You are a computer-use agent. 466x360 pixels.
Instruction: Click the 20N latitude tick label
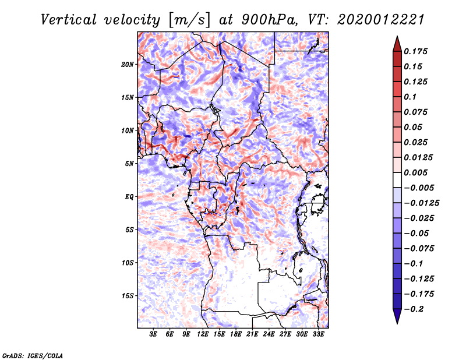pyautogui.click(x=128, y=64)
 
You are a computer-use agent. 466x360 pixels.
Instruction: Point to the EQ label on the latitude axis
pyautogui.click(x=129, y=197)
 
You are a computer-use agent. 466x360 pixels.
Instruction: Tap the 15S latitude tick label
pyautogui.click(x=128, y=296)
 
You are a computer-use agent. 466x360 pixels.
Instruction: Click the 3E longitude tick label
pyautogui.click(x=154, y=334)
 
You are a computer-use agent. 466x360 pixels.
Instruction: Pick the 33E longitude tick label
pyautogui.click(x=318, y=334)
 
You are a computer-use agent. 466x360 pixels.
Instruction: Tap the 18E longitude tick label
pyautogui.click(x=236, y=334)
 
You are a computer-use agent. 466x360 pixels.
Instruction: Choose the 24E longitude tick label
pyautogui.click(x=269, y=334)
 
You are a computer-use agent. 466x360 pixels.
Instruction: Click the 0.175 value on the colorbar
pyautogui.click(x=416, y=51)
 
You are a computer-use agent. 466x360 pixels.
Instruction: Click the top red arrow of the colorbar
pyautogui.click(x=397, y=42)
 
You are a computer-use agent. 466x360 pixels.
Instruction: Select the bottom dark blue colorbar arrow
pyautogui.click(x=397, y=317)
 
